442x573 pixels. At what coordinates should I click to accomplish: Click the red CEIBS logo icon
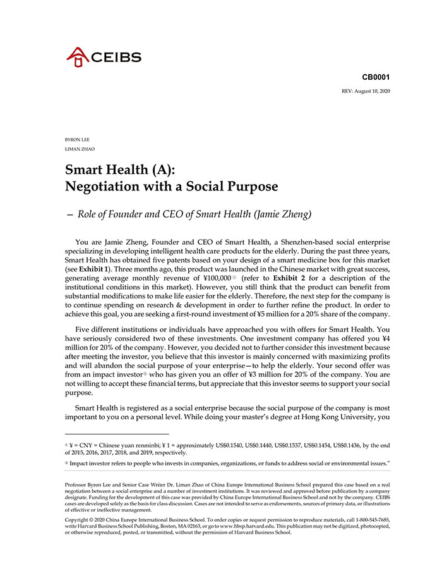[78, 57]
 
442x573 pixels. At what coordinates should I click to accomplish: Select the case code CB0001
[376, 77]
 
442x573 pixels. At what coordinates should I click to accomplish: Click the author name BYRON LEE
[78, 139]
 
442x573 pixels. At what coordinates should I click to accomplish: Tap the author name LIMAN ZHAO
[79, 149]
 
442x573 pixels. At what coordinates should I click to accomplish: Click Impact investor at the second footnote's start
[91, 463]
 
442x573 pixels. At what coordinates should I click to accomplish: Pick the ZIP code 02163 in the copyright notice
[178, 526]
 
